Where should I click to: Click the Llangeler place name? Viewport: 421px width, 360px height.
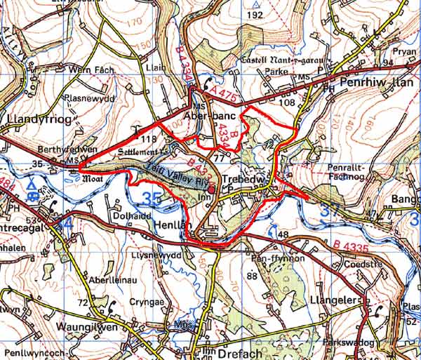(x=333, y=300)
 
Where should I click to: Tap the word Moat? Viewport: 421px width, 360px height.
(x=93, y=179)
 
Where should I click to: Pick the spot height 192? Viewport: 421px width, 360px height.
(x=255, y=15)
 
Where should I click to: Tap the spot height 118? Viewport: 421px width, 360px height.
(x=147, y=140)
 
